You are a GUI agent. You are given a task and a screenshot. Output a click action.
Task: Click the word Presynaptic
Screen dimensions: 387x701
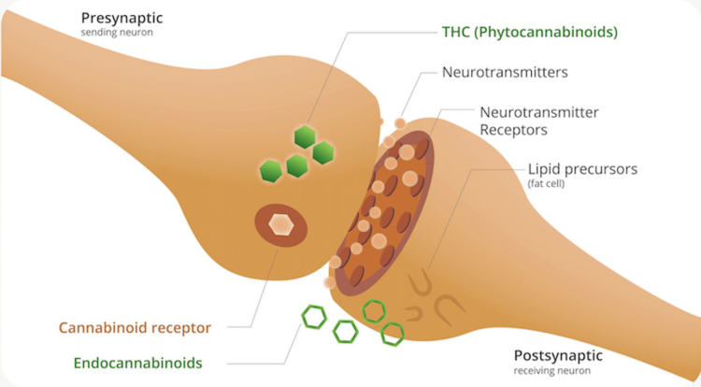pos(122,18)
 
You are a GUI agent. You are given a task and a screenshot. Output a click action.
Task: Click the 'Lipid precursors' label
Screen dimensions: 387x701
pos(582,169)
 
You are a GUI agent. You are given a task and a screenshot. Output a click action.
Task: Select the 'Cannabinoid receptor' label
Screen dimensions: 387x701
pos(135,328)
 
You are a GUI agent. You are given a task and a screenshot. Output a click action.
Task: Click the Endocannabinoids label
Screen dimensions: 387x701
pos(139,363)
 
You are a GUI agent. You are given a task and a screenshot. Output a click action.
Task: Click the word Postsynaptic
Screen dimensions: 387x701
pos(558,355)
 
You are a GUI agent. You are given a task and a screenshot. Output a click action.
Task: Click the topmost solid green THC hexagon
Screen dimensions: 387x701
pos(305,136)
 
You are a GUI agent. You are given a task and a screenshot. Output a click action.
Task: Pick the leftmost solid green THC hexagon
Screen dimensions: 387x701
pos(271,170)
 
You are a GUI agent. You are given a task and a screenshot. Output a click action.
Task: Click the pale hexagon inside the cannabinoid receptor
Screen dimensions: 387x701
pos(281,224)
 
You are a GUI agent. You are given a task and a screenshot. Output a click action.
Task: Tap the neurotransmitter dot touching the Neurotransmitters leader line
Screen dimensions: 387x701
pos(399,123)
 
